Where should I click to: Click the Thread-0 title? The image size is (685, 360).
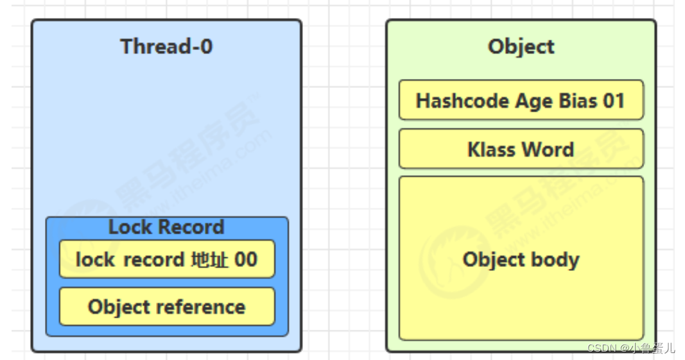[x=166, y=46]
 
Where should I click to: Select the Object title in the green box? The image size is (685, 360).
[x=521, y=46]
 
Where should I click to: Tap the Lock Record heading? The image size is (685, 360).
[x=166, y=227]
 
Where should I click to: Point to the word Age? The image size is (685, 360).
[x=517, y=101]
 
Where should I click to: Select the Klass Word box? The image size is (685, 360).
[x=521, y=149]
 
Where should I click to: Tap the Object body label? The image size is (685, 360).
[x=521, y=259]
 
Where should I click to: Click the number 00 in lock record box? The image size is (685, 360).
[x=245, y=259]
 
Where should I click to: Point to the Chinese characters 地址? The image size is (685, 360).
[x=210, y=259]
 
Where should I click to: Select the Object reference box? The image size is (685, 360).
[x=166, y=307]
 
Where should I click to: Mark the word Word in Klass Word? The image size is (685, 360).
[x=548, y=150]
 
